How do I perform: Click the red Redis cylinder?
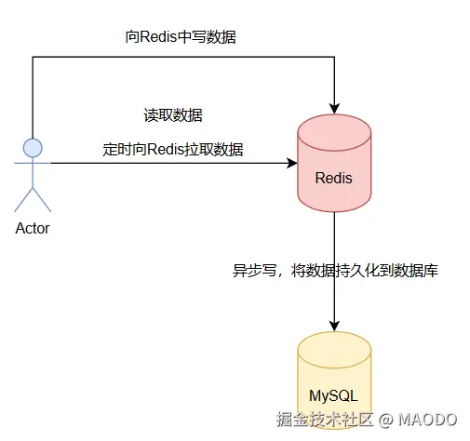334,164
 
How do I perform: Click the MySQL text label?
334,394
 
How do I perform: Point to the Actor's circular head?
33,147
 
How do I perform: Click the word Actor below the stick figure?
33,229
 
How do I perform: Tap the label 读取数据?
173,116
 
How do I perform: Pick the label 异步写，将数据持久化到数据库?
335,272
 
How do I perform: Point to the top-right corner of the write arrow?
334,57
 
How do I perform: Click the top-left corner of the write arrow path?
33,57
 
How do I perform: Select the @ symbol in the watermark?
386,421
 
